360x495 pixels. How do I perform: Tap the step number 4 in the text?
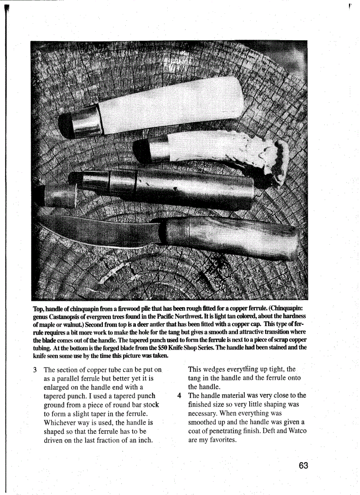(x=180, y=395)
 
